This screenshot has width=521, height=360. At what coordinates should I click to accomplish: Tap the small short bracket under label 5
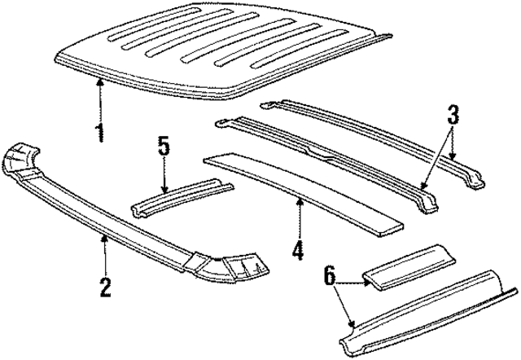[179, 198]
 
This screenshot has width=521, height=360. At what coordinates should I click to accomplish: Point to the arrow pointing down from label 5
[164, 175]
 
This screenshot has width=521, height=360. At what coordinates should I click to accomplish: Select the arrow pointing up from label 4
[299, 216]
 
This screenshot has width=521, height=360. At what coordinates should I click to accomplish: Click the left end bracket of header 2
[25, 159]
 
